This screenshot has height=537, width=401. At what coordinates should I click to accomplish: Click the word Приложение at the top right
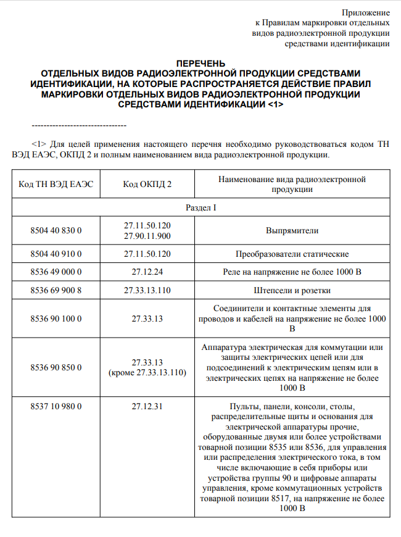pyautogui.click(x=366, y=12)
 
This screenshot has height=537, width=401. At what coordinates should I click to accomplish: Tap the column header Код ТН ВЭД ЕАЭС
pyautogui.click(x=56, y=184)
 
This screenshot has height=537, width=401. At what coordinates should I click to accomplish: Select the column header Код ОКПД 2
pyautogui.click(x=147, y=184)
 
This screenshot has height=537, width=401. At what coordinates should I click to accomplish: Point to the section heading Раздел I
pyautogui.click(x=200, y=208)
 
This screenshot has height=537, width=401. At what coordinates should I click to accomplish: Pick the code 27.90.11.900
pyautogui.click(x=147, y=236)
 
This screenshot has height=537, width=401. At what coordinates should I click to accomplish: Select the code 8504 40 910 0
pyautogui.click(x=56, y=254)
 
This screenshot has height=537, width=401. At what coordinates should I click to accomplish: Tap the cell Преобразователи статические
pyautogui.click(x=292, y=254)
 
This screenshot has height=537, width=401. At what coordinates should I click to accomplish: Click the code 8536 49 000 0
pyautogui.click(x=56, y=272)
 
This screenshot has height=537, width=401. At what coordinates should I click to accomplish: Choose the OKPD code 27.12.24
pyautogui.click(x=147, y=272)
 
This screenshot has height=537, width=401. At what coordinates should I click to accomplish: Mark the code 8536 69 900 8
pyautogui.click(x=56, y=289)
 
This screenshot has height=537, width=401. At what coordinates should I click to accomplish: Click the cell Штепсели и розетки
pyautogui.click(x=292, y=289)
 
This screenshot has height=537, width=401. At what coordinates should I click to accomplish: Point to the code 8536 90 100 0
pyautogui.click(x=56, y=318)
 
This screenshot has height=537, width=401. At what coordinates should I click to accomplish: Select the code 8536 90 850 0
pyautogui.click(x=56, y=367)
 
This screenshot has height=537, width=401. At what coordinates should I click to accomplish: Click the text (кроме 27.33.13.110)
pyautogui.click(x=147, y=373)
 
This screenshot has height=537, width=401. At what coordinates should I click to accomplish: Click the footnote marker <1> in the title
pyautogui.click(x=276, y=104)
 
